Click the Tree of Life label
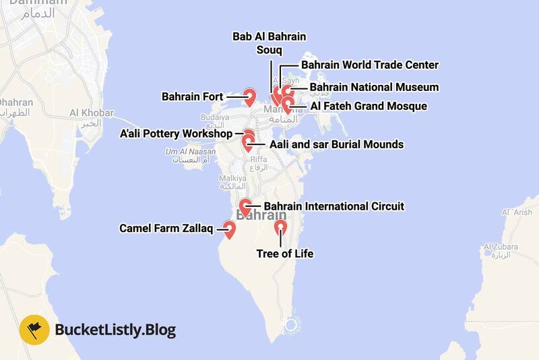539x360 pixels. (x=285, y=254)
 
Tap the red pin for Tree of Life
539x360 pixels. (x=281, y=228)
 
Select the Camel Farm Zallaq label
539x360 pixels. (x=166, y=229)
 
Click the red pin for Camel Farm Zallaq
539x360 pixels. (x=229, y=231)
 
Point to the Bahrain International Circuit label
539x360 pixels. (x=334, y=206)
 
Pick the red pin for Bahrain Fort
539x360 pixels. (x=249, y=96)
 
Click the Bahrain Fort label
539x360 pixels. (x=192, y=97)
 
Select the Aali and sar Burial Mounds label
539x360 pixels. (x=336, y=144)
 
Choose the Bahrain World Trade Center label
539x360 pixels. (x=370, y=65)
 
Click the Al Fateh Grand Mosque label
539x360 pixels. (x=368, y=106)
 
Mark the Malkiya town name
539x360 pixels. (x=230, y=179)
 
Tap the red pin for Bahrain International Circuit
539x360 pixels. (x=247, y=206)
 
